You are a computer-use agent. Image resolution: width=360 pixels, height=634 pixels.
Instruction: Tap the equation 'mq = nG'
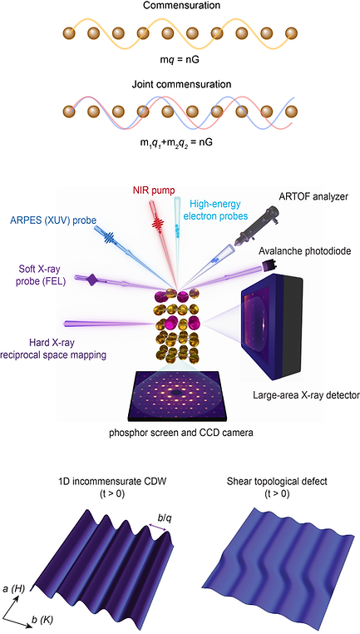point(180,62)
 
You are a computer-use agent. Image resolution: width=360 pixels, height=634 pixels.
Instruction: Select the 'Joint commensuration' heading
point(180,85)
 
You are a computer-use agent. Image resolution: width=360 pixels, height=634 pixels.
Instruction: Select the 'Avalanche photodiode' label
point(308,250)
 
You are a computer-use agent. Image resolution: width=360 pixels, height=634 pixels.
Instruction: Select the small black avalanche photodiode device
point(268,265)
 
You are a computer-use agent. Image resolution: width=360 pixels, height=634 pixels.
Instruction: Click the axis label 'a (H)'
point(14,591)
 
